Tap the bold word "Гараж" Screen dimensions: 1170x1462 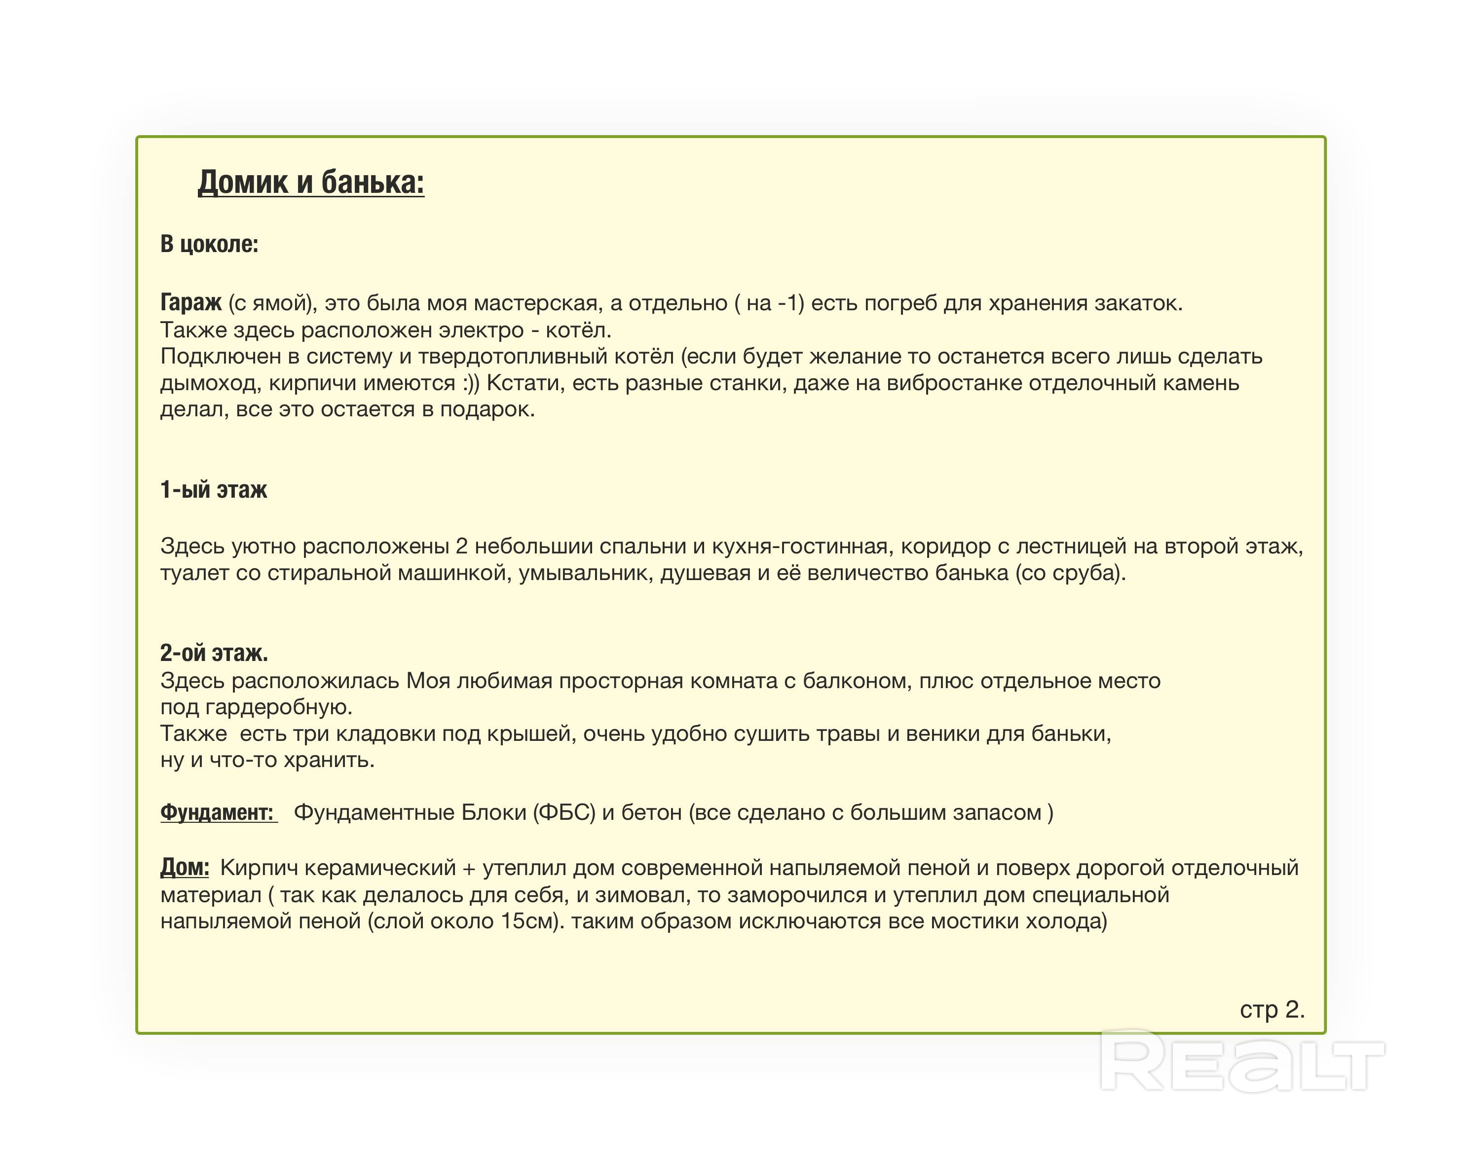pyautogui.click(x=190, y=302)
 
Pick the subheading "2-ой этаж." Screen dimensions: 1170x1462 pyautogui.click(x=214, y=653)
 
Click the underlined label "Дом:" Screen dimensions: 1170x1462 pyautogui.click(x=185, y=867)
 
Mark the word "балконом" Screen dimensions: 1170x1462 pyautogui.click(x=857, y=681)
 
